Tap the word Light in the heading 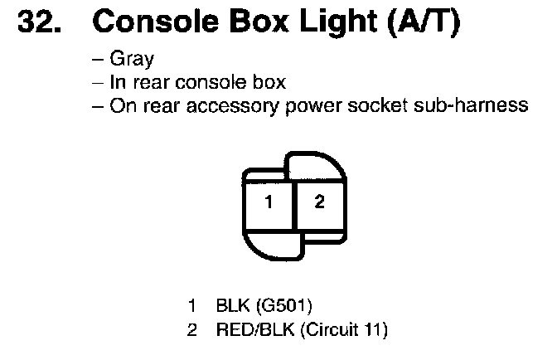(x=332, y=24)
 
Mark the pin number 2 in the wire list (x=192, y=331)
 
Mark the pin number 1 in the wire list (x=192, y=309)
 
